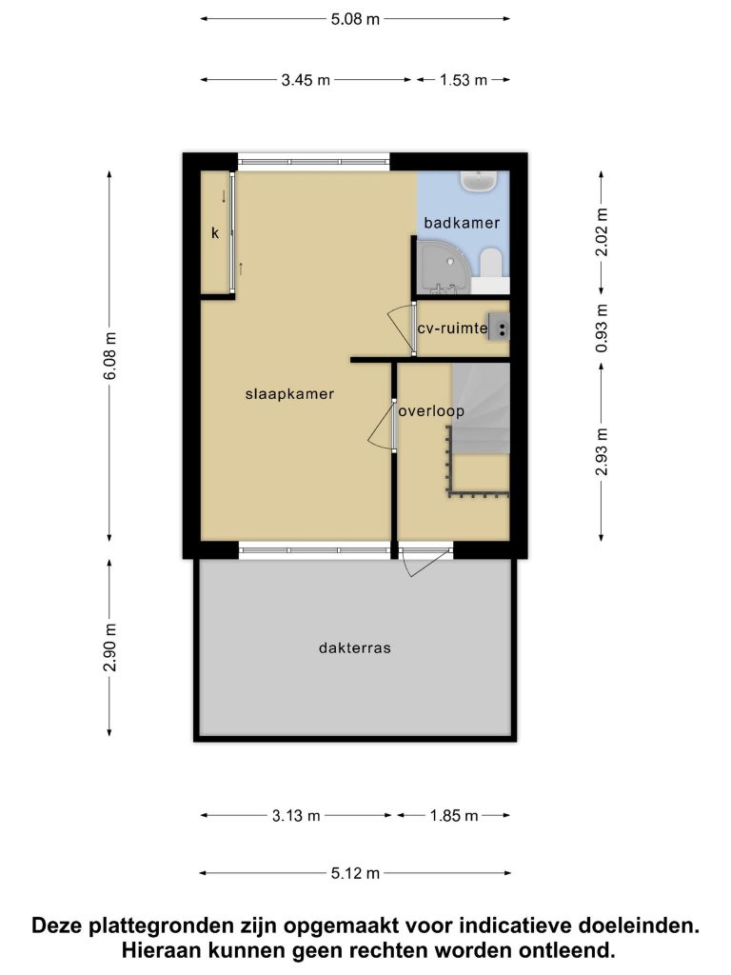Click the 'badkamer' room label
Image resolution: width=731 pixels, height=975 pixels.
[x=462, y=223]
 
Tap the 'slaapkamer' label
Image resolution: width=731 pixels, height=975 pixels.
[x=289, y=393]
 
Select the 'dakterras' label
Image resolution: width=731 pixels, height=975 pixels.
[x=355, y=647]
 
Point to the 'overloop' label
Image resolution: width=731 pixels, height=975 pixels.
[x=431, y=411]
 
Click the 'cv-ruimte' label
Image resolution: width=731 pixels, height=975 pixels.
[x=452, y=328]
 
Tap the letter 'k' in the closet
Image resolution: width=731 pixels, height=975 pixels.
[x=215, y=233]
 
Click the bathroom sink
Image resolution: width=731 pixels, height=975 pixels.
[x=478, y=182]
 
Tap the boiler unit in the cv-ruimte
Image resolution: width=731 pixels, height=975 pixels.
[x=499, y=328]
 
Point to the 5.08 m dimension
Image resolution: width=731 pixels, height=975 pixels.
[x=355, y=19]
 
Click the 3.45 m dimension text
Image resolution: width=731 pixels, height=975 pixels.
[x=306, y=80]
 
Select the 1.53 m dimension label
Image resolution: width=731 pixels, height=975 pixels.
[x=464, y=80]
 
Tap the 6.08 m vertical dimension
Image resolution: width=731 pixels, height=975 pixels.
[x=110, y=356]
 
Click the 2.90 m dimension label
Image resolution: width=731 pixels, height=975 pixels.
[x=110, y=647]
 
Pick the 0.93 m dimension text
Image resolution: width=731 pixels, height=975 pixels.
[x=602, y=328]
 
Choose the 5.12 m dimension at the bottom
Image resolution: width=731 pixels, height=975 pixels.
[x=355, y=874]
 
